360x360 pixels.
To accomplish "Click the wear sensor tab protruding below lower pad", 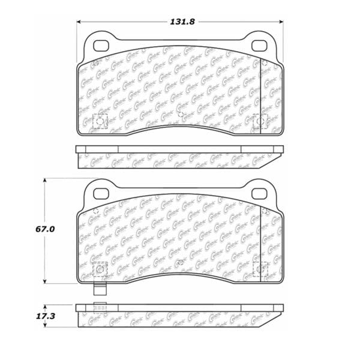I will click(x=101, y=288).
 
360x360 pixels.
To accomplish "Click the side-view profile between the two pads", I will click(x=180, y=157).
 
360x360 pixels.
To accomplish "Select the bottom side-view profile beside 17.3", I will click(x=180, y=313).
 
